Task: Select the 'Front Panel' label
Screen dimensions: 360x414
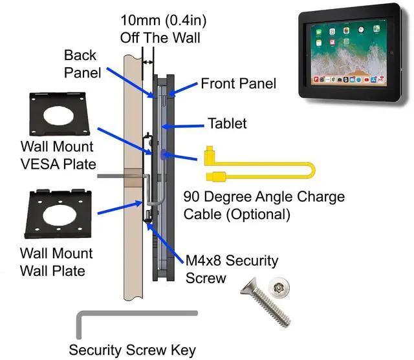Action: tap(238, 83)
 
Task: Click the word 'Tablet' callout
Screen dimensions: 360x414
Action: tap(226, 123)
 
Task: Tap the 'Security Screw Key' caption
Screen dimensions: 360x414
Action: tap(132, 350)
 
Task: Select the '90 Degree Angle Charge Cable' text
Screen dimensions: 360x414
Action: tap(263, 204)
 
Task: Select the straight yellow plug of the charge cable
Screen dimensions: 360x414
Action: tap(215, 176)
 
